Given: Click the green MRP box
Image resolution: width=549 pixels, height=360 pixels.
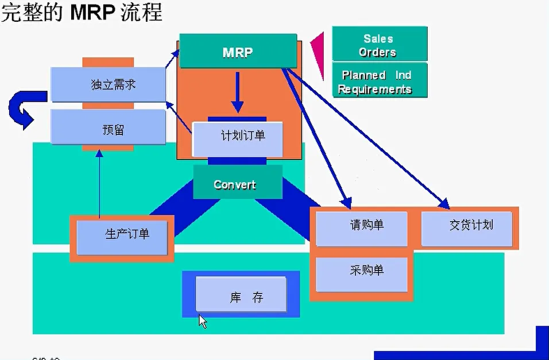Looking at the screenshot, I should [x=238, y=52].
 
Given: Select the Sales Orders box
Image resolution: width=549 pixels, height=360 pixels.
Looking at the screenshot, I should [x=379, y=45].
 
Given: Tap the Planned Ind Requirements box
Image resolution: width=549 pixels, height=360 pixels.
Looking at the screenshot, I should [x=379, y=82].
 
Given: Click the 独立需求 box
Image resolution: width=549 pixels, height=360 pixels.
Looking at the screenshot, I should [x=108, y=85].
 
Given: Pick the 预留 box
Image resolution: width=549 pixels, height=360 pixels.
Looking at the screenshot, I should [x=108, y=129].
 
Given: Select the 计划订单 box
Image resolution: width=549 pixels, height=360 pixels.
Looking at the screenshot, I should [x=237, y=138].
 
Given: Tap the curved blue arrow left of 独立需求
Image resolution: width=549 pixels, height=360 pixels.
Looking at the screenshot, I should [x=23, y=109].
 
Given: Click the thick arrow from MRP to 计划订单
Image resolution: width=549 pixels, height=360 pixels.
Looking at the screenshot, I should [x=237, y=92].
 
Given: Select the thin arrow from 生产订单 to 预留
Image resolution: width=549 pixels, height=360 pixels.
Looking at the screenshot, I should [x=99, y=184].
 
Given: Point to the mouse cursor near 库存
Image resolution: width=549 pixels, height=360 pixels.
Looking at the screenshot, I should [x=202, y=320].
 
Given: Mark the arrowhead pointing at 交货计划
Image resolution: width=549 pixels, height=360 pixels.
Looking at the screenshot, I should [x=443, y=202].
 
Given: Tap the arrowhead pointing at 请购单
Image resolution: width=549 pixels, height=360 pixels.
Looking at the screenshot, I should [x=346, y=202].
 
